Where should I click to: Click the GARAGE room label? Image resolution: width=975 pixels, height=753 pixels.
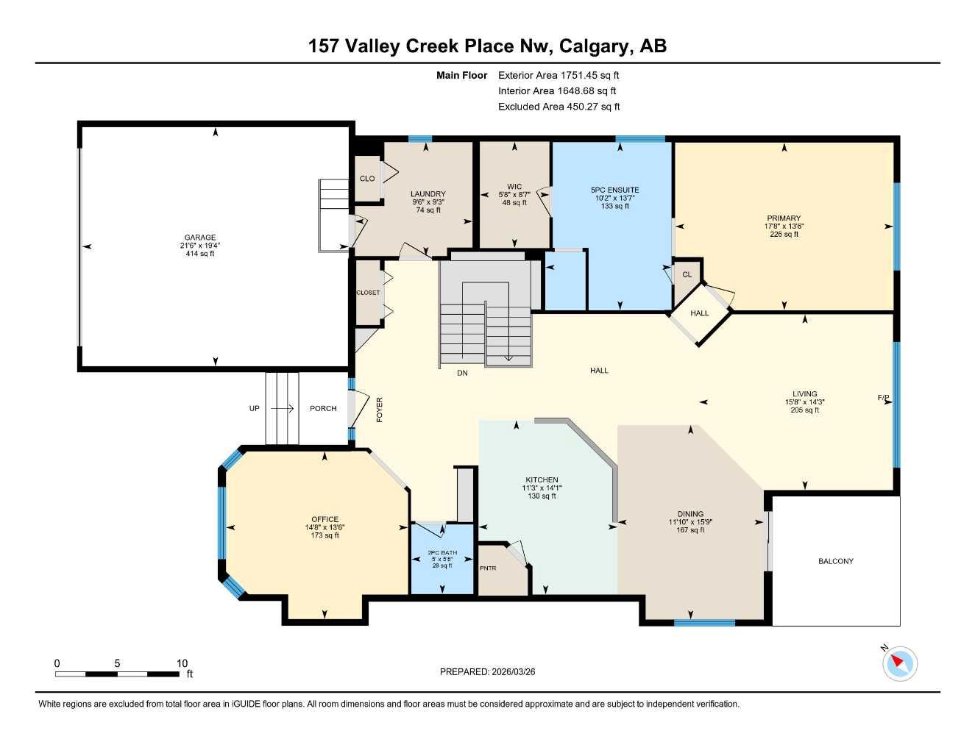click(199, 238)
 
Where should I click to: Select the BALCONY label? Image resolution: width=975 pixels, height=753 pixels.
click(836, 561)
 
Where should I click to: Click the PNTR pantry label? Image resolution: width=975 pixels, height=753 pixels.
click(488, 568)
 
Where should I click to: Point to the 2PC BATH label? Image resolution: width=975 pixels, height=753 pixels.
click(442, 552)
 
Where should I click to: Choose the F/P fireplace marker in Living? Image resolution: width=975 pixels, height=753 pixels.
click(883, 398)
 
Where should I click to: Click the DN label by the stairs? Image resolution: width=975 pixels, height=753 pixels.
click(462, 373)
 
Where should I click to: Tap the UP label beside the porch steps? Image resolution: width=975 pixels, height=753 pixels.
click(254, 408)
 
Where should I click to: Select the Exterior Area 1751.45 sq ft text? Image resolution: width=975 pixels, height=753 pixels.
click(559, 75)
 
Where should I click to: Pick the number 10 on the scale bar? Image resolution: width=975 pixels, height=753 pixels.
click(182, 663)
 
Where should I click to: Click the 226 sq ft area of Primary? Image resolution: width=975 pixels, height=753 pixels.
click(784, 235)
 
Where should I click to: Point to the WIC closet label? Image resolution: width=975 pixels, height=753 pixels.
click(514, 187)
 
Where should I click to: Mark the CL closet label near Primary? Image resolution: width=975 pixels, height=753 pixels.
click(687, 275)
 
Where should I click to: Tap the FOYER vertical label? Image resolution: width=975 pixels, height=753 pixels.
click(380, 409)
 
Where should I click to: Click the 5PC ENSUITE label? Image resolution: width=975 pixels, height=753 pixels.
click(615, 190)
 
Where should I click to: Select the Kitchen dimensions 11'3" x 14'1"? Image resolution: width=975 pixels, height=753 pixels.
click(542, 488)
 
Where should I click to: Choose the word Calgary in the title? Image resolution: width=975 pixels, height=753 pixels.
click(595, 46)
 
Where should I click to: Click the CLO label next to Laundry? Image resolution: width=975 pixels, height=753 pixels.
click(366, 179)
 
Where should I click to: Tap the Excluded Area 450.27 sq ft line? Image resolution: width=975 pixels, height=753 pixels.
click(559, 107)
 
